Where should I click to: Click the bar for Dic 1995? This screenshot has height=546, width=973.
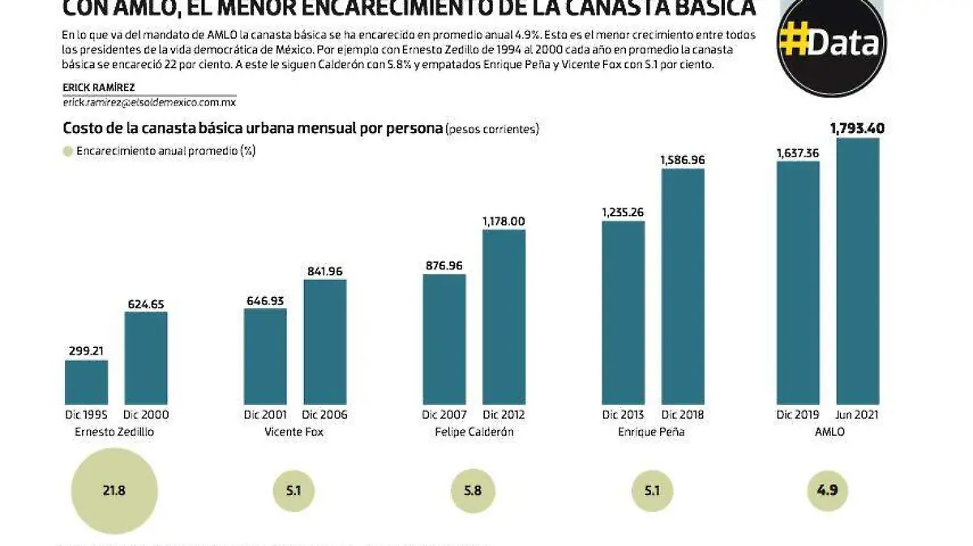tap(86, 381)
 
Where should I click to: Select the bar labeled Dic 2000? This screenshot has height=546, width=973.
tap(146, 357)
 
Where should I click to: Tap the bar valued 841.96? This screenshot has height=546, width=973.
tap(324, 341)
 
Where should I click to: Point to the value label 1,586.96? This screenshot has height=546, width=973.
tap(683, 160)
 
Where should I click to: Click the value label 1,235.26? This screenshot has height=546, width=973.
tap(623, 212)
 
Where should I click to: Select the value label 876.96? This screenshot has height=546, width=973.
tap(444, 264)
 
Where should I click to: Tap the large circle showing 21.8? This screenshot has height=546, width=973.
tap(114, 491)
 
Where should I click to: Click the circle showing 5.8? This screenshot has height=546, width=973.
tap(472, 491)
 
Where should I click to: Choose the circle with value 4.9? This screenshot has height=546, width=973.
tap(827, 491)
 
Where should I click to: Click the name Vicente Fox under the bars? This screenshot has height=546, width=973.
tap(294, 432)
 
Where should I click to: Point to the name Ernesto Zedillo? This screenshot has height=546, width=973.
tap(114, 432)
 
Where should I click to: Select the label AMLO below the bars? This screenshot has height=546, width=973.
tap(828, 432)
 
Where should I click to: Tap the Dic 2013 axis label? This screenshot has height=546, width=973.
tap(622, 415)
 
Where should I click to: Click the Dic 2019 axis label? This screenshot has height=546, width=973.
tap(797, 415)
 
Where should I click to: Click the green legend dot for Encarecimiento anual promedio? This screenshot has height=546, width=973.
tap(67, 151)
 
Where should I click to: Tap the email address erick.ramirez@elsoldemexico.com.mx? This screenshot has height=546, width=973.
tap(148, 102)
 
